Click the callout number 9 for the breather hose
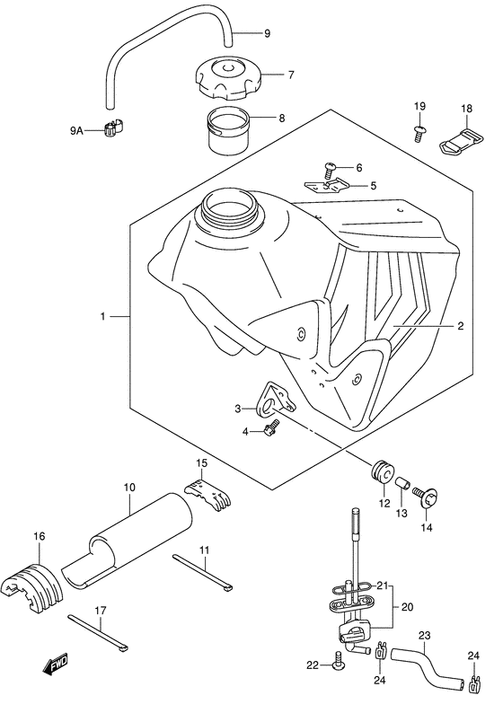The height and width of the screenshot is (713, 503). [x=267, y=34]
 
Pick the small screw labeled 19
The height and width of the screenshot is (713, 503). [x=419, y=134]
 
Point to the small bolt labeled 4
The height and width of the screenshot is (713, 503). [x=269, y=433]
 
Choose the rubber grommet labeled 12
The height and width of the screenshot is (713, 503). [x=383, y=473]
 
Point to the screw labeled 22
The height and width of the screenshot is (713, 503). [x=337, y=664]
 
